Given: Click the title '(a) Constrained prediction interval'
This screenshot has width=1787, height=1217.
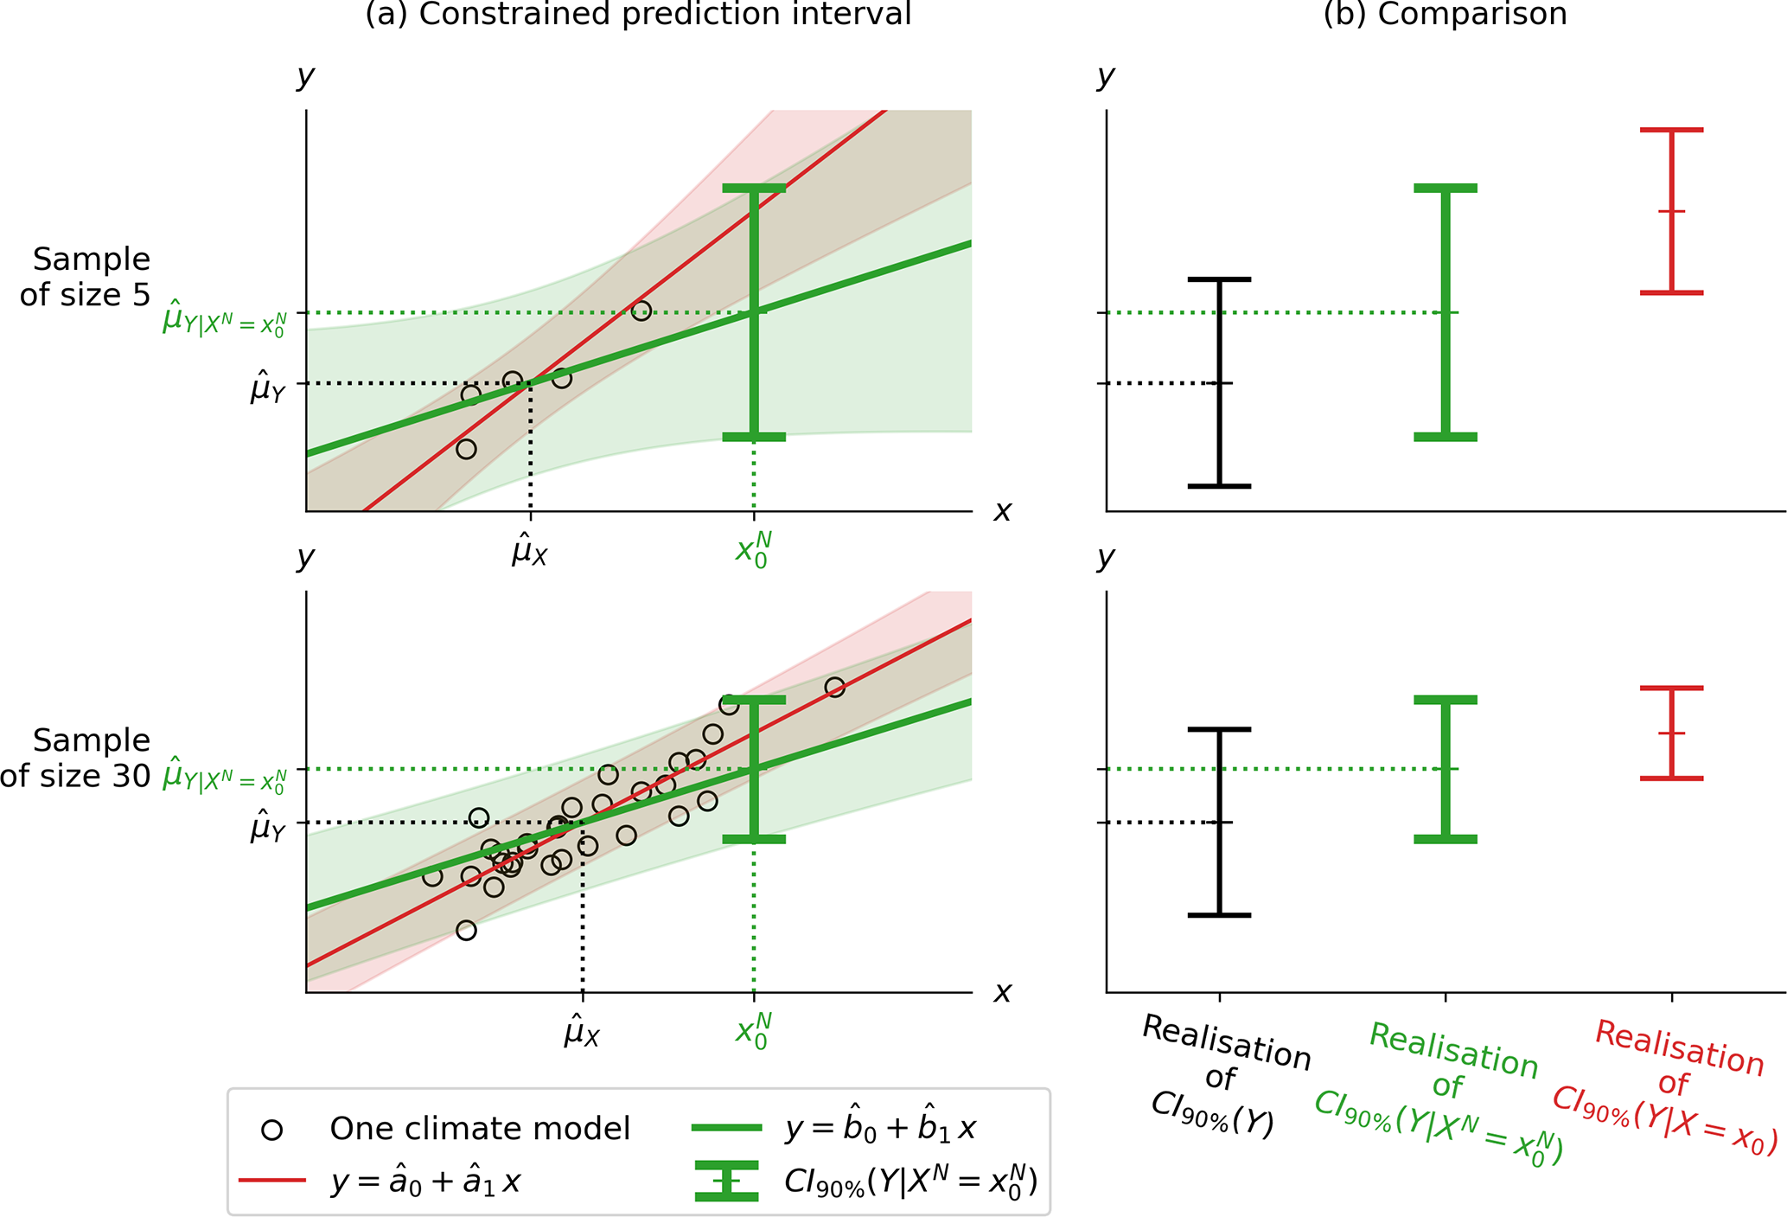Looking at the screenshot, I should (638, 15).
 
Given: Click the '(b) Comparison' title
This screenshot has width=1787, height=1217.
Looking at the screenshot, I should (1445, 15).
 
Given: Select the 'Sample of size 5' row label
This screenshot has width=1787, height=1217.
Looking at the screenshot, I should (86, 277).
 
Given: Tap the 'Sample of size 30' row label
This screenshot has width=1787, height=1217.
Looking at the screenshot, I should (78, 758).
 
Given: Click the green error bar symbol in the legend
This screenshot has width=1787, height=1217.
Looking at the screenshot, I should (726, 1181).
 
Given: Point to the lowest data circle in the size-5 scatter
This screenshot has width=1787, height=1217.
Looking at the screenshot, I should (466, 449).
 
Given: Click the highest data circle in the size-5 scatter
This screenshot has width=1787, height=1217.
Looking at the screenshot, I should (641, 311).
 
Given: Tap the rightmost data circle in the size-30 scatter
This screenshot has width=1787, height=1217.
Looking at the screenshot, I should (834, 688).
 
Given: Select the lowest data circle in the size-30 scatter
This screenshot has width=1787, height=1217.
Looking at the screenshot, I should (466, 931).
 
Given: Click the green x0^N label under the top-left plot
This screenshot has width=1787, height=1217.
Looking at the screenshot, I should (753, 550).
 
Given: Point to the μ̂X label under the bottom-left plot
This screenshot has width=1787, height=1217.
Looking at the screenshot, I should (582, 1032).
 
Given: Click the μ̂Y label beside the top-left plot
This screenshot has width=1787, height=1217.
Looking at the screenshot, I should (267, 388).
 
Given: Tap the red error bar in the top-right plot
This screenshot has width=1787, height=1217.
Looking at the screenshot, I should (1671, 211).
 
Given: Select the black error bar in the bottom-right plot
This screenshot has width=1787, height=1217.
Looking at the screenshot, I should (1219, 822).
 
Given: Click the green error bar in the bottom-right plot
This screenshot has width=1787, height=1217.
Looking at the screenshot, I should (1445, 769).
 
